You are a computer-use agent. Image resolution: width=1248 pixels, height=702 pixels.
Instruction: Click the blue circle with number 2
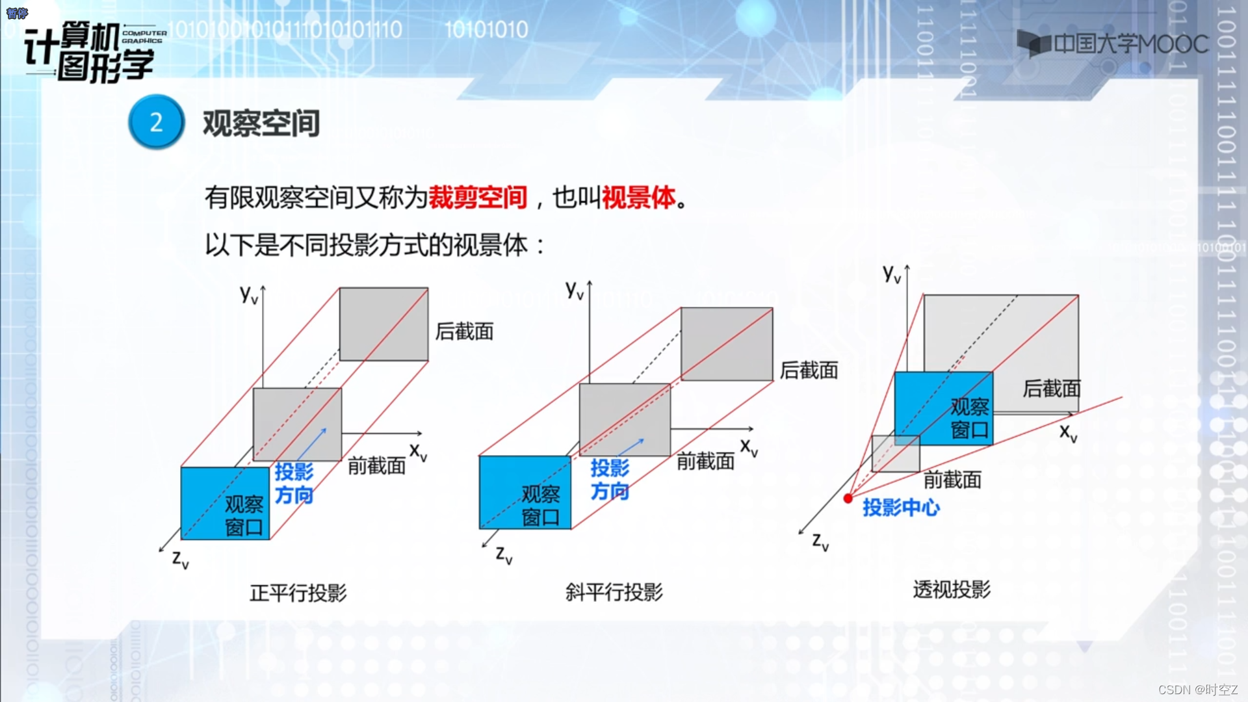pos(156,122)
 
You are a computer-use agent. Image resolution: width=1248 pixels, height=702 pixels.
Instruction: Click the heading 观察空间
pos(261,123)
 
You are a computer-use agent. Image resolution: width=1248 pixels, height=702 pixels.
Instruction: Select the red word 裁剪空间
pos(478,197)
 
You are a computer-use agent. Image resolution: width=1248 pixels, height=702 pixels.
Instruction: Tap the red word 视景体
pos(639,197)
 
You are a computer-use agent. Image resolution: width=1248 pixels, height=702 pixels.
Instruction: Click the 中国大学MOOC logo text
pos(1131,44)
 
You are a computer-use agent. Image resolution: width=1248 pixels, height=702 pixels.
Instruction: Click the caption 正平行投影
pos(298,593)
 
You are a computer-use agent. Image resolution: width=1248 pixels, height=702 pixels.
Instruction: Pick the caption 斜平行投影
pos(614,591)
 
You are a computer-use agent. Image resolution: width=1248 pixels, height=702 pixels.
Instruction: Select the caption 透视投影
pos(952,589)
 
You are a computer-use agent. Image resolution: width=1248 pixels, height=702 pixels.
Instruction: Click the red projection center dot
pos(848,499)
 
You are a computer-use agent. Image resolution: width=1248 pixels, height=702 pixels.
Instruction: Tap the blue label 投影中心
pos(901,507)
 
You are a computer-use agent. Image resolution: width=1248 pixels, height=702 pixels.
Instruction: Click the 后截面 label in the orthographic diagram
pos(464,331)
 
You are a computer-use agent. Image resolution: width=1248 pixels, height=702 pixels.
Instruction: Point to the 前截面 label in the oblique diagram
pos(705,461)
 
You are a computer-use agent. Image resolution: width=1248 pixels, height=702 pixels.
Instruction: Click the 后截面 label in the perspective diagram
pos(1052,388)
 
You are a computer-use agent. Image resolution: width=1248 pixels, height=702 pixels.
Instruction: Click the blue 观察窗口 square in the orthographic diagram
pos(225,503)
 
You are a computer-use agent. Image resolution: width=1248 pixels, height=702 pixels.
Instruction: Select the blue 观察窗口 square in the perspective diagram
pos(944,408)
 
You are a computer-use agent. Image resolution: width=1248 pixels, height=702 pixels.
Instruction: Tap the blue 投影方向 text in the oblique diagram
pos(610,479)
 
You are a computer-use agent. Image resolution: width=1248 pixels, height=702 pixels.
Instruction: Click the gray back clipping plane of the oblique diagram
pos(727,344)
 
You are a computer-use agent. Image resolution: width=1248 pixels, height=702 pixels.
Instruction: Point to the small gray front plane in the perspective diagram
pos(895,454)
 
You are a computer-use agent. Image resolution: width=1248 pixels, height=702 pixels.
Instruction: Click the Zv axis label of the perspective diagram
pos(820,541)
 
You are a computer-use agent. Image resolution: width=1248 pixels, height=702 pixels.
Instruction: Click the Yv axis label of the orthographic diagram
pos(249,294)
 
